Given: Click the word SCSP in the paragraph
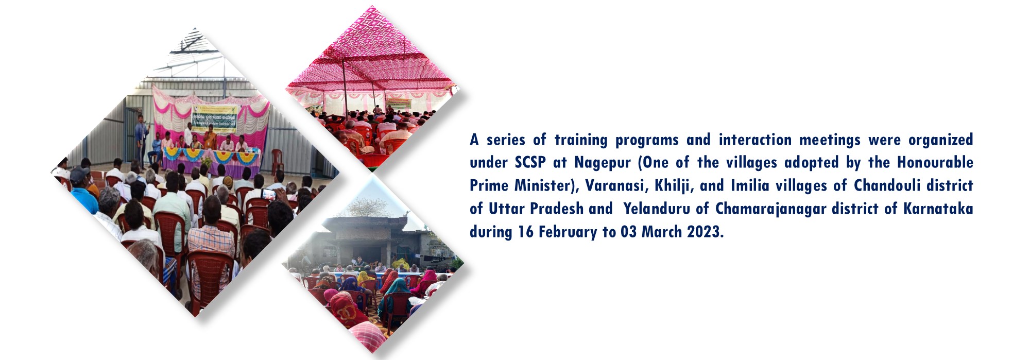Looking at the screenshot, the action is [x=530, y=163].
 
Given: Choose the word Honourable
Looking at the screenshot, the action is [x=935, y=163].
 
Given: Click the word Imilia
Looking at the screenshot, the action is [x=750, y=186].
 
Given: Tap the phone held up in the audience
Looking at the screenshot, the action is [x=269, y=194].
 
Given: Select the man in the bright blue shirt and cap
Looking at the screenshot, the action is [x=82, y=191].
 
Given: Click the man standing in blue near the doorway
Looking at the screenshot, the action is [x=141, y=139].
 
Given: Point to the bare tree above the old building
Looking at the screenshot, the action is [x=368, y=207].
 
